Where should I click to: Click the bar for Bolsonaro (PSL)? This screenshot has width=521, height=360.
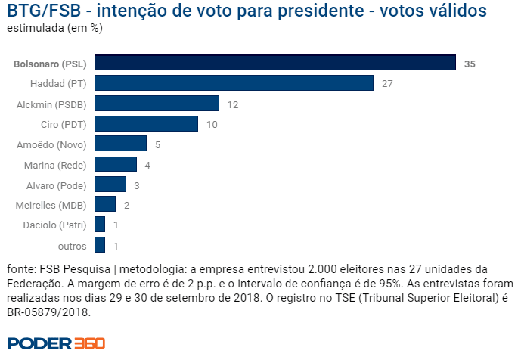(275, 63)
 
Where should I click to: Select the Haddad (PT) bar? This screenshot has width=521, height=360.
(234, 83)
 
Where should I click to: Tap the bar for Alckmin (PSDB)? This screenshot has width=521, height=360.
(157, 104)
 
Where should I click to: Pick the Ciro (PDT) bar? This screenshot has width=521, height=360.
(147, 124)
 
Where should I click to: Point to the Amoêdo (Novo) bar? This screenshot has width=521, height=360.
(121, 144)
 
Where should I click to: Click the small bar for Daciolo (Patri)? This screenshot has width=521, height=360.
(100, 225)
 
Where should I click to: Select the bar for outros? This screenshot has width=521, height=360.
(100, 245)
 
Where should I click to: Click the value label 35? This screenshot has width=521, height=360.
(470, 64)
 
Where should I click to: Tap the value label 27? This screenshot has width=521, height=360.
(387, 84)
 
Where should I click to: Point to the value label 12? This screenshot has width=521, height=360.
(232, 104)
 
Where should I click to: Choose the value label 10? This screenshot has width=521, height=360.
(211, 125)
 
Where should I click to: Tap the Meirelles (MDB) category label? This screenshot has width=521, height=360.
(51, 205)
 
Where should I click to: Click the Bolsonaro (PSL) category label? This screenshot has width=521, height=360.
(50, 64)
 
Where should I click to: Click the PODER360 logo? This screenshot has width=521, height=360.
(57, 343)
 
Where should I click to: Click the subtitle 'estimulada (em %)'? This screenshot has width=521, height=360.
(54, 28)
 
